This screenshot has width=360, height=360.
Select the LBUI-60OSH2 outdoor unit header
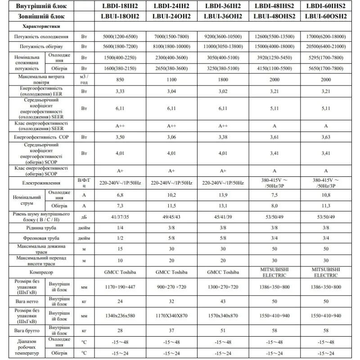(326, 16)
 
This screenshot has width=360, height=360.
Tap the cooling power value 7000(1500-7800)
(171, 36)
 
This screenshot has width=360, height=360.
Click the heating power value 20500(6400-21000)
(326, 46)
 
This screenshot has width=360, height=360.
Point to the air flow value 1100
(171, 80)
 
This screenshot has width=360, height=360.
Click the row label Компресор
(41, 272)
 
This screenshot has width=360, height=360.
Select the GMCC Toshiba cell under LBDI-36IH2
(223, 272)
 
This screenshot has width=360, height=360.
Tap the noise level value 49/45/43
(171, 216)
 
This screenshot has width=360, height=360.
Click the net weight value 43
(223, 301)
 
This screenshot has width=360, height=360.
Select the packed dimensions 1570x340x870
(223, 315)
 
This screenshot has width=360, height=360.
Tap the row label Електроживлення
(41, 183)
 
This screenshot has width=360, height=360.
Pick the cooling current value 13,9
(223, 195)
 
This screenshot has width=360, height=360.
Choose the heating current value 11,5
(171, 205)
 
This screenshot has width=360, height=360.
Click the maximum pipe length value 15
(120, 249)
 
